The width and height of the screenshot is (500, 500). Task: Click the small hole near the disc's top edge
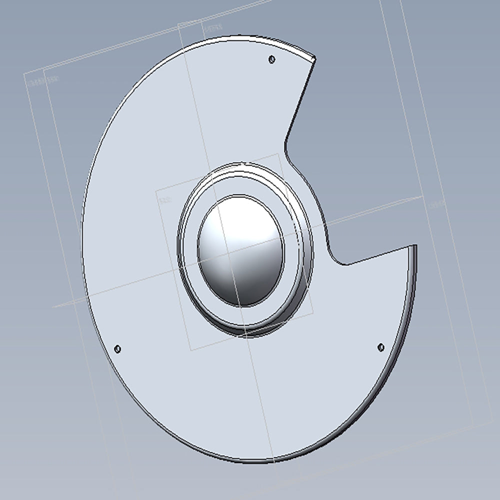[x=271, y=59]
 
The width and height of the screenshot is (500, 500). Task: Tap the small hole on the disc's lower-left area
[x=118, y=348]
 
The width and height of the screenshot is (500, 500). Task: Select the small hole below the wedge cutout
[x=380, y=347]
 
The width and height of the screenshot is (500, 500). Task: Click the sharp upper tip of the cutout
[x=314, y=58]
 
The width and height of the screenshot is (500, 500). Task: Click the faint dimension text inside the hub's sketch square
[x=165, y=200]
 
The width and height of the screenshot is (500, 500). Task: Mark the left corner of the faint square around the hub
[x=156, y=190]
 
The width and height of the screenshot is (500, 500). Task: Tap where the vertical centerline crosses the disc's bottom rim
[x=274, y=459]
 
